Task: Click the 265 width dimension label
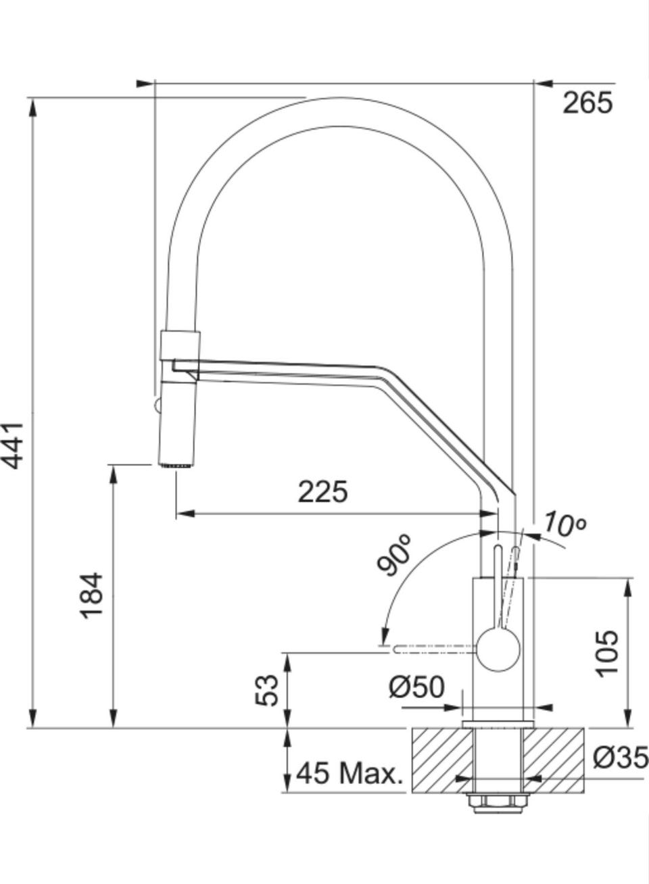(x=587, y=103)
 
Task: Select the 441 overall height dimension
(x=13, y=445)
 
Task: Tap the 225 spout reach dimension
(x=323, y=492)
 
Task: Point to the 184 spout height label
(x=91, y=595)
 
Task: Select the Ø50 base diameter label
(x=417, y=687)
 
